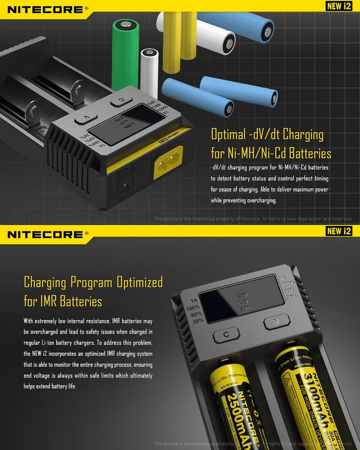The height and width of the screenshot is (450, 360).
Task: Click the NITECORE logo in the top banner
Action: tap(45, 9)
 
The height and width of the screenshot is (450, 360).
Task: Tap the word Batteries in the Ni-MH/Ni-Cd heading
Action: tap(310, 154)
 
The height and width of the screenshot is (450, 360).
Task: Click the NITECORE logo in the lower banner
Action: tap(45, 234)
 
